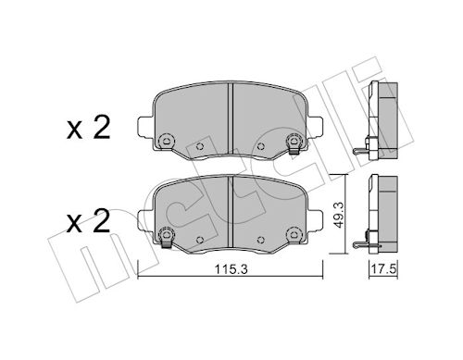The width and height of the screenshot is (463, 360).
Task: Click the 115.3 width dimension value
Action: pyautogui.click(x=231, y=270)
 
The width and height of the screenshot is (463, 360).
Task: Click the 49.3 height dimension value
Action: pyautogui.click(x=339, y=216)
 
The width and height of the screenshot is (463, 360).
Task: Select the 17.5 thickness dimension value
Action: pyautogui.click(x=383, y=269)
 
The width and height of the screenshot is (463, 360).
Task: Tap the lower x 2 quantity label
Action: pyautogui.click(x=88, y=221)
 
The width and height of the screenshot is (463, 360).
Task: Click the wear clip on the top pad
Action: pyautogui.click(x=294, y=150)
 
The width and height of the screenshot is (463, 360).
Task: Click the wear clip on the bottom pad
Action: pyautogui.click(x=167, y=242)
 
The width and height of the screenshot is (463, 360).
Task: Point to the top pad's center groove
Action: pyautogui.click(x=230, y=118)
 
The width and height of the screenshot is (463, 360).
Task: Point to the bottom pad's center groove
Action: pyautogui.click(x=230, y=211)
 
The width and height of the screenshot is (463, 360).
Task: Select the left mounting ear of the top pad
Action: pyautogui.click(x=144, y=126)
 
